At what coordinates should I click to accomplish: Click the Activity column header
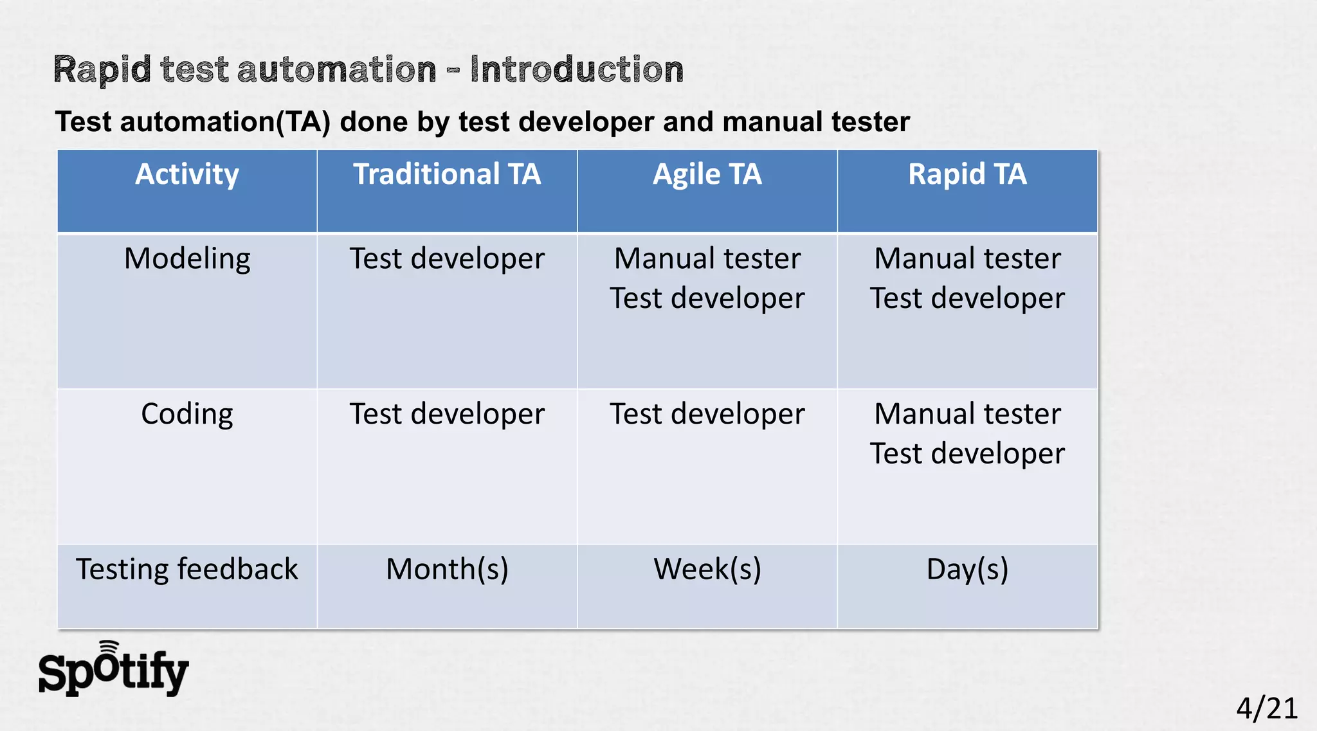click(186, 175)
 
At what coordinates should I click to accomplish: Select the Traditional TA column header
click(447, 175)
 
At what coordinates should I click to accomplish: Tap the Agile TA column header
click(707, 175)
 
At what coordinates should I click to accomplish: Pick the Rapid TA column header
click(967, 175)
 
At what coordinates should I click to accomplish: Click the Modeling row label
click(186, 259)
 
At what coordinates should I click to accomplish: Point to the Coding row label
click(186, 414)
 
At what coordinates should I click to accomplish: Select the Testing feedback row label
click(186, 570)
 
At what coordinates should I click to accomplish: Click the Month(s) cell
click(447, 570)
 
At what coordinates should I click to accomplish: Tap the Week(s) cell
click(707, 570)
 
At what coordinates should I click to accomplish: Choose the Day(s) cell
click(967, 570)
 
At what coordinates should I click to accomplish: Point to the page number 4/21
click(1266, 708)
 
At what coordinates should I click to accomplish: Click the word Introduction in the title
click(576, 69)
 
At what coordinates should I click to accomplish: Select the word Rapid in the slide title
click(102, 69)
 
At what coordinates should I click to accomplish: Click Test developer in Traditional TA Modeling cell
click(447, 259)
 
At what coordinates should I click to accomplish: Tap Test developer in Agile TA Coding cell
click(707, 414)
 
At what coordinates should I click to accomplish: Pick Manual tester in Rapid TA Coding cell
click(967, 414)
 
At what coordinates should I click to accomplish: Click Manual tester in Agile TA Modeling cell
click(707, 259)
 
